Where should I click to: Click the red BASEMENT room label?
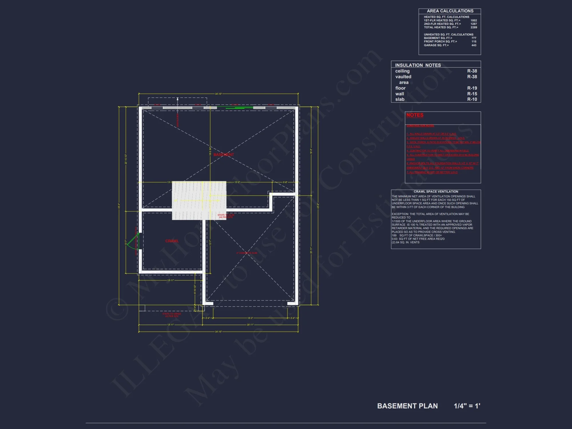(x=224, y=155)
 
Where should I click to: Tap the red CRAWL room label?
(x=172, y=241)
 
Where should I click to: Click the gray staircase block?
(x=199, y=200)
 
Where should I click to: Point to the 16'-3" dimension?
(x=250, y=318)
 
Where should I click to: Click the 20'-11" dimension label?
(x=250, y=325)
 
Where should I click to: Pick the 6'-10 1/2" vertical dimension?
(x=195, y=289)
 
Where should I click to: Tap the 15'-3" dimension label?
(x=237, y=182)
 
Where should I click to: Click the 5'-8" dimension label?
(x=285, y=182)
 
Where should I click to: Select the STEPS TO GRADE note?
(x=172, y=315)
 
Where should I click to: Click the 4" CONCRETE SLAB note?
(x=247, y=253)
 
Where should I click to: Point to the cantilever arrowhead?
(x=178, y=99)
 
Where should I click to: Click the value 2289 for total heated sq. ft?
(x=474, y=27)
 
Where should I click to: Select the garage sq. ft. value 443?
(x=474, y=45)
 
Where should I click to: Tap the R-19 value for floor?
(x=472, y=88)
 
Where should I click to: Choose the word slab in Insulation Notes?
(x=400, y=99)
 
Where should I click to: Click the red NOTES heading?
(x=415, y=115)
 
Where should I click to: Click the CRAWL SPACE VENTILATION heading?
(x=436, y=192)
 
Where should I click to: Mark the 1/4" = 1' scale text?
(x=467, y=406)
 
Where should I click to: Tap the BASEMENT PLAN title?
(x=407, y=406)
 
